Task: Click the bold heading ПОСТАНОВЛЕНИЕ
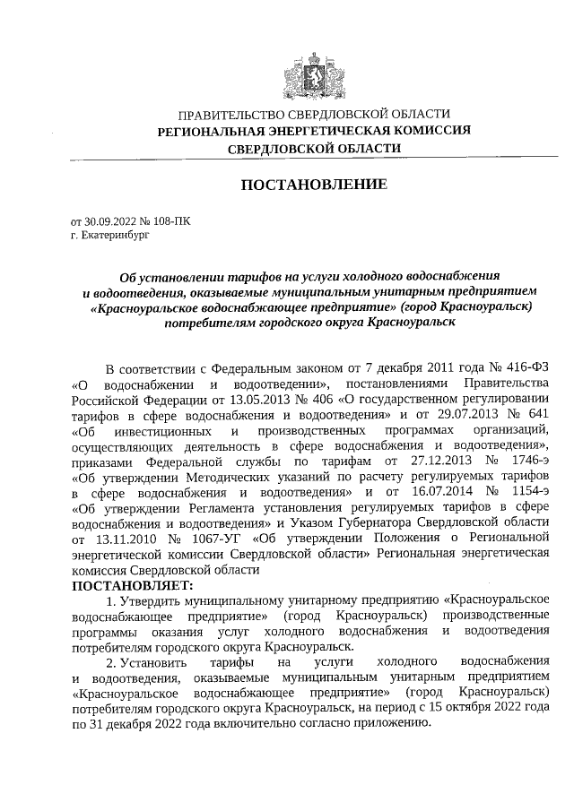pos(313,185)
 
